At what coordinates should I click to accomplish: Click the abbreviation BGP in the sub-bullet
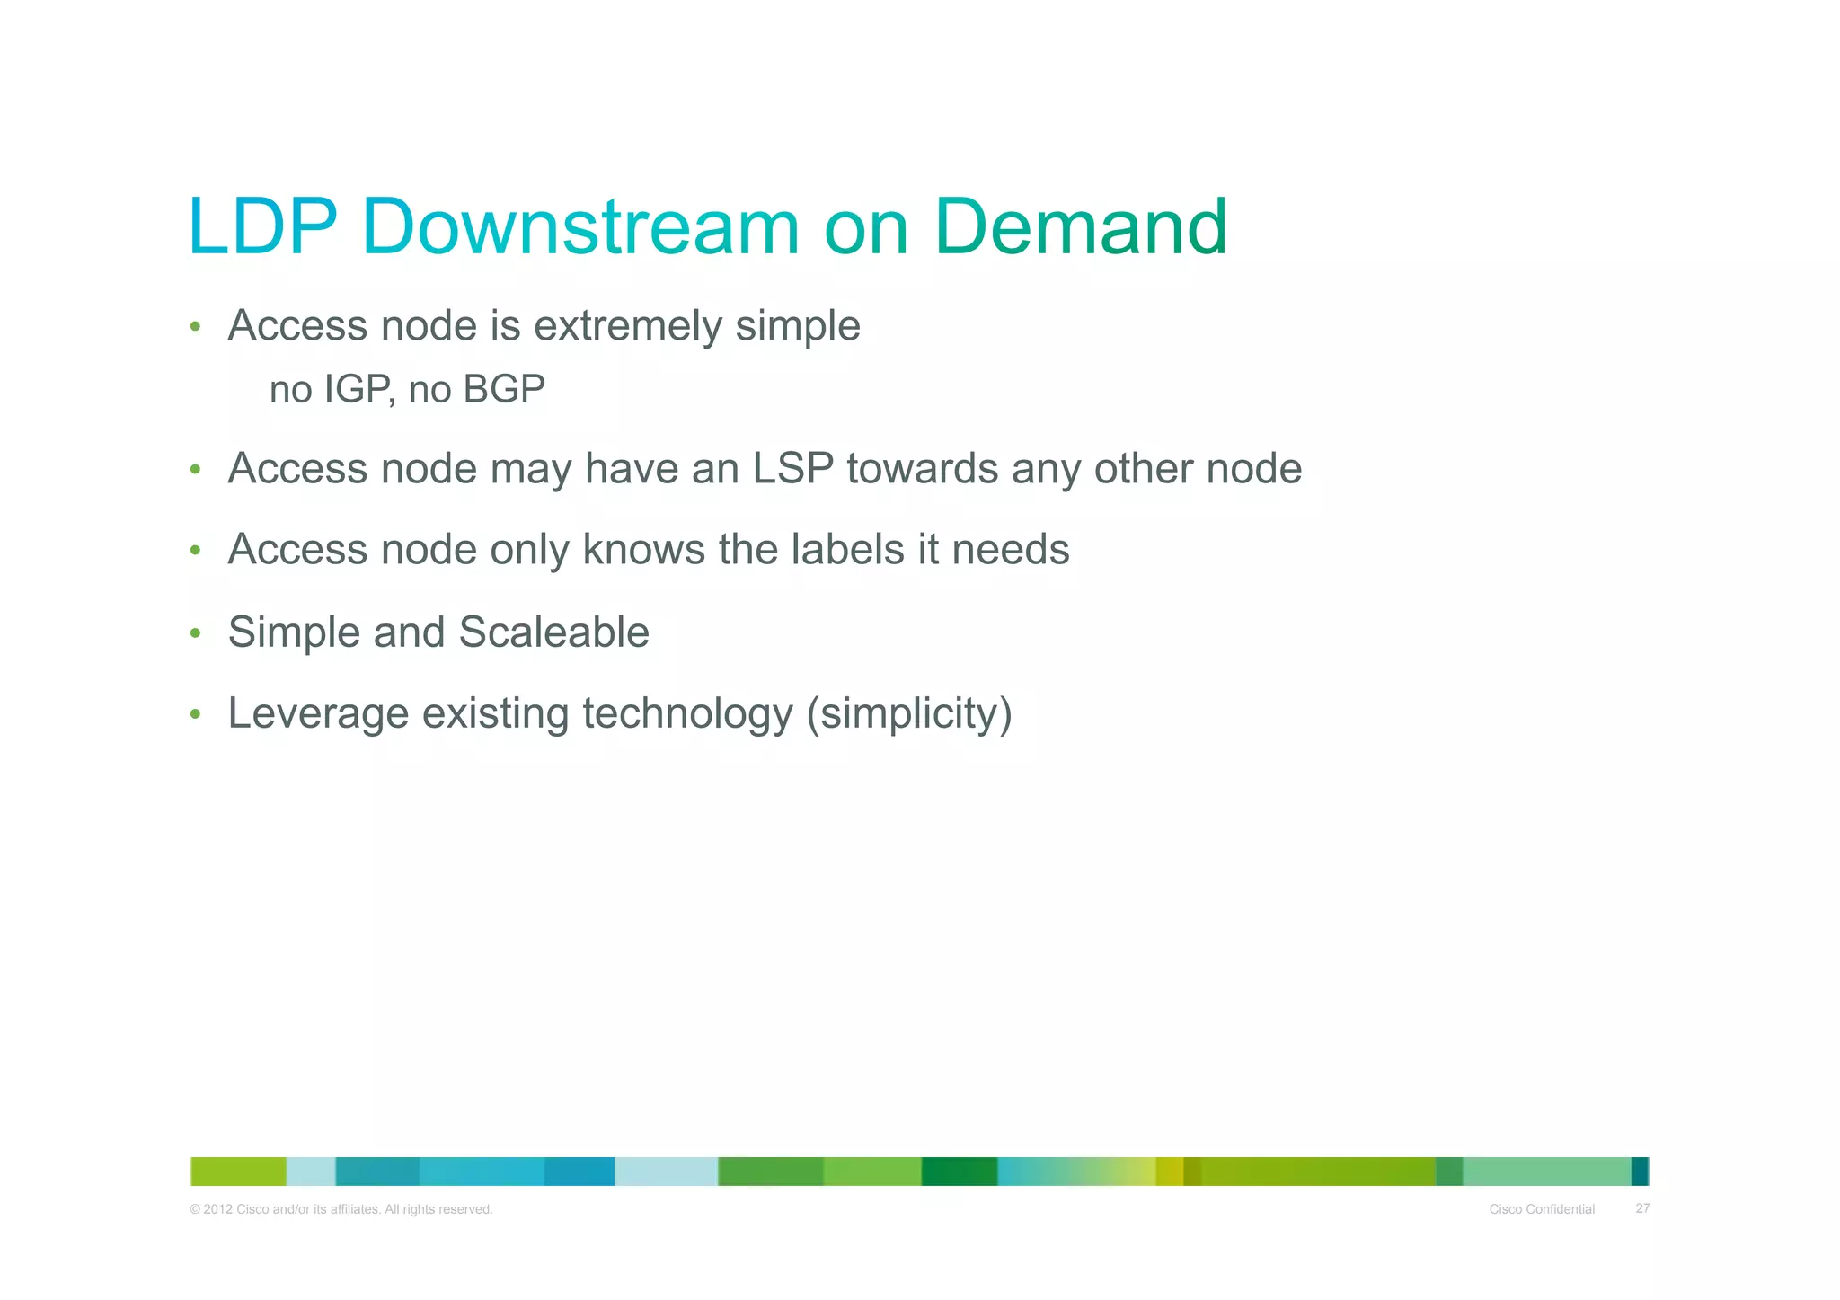[504, 390]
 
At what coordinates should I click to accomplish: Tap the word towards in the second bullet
[922, 469]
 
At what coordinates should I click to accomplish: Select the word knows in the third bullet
[643, 550]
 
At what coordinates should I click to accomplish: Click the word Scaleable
[553, 632]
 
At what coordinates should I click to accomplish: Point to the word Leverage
[318, 714]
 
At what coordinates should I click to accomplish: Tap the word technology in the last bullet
[687, 714]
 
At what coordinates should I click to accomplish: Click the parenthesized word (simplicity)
[909, 714]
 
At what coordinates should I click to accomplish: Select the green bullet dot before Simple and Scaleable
[195, 633]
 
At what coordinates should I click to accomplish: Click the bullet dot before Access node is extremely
[195, 327]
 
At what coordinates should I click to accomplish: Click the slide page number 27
[1642, 1208]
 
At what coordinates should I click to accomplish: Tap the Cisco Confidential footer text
[1542, 1209]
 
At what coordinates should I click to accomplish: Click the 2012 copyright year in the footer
[218, 1209]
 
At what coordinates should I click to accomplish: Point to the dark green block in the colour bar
[959, 1172]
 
